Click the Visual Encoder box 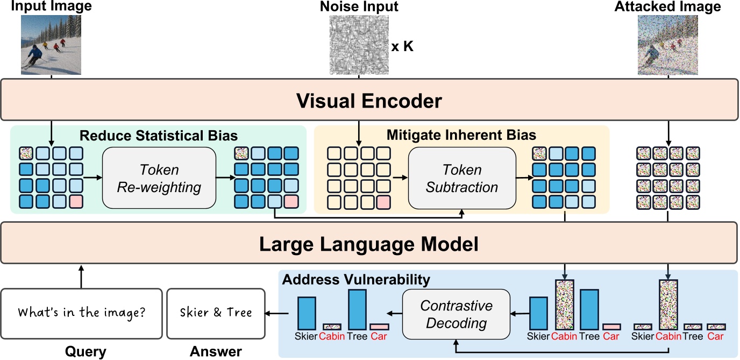369,100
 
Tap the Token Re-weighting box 159,179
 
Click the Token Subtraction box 462,179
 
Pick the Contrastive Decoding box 456,314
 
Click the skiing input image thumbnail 51,44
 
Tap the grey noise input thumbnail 359,44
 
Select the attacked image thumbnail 667,44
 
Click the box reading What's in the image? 81,313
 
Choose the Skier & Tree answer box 216,313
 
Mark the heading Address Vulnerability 356,279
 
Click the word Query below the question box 86,351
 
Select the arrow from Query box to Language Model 81,276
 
